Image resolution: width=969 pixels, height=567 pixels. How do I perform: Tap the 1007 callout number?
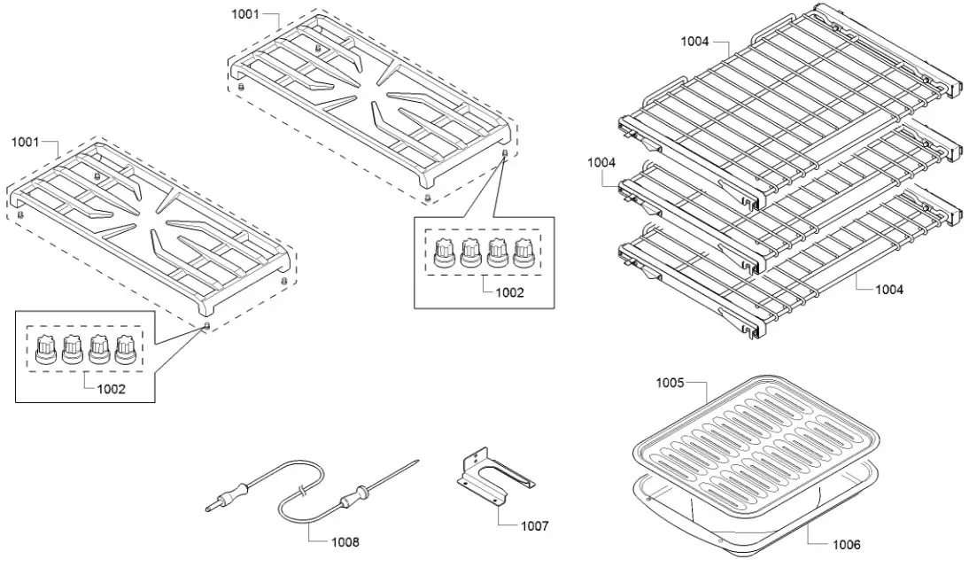point(534,525)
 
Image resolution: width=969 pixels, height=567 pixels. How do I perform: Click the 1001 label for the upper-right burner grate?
point(245,16)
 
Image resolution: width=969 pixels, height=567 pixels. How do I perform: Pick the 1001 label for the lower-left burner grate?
point(25,142)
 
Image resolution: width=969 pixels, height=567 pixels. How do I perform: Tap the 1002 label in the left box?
point(111,388)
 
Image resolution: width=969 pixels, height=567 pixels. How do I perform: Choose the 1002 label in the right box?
point(509,291)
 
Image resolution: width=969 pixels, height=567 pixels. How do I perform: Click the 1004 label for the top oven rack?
point(695,42)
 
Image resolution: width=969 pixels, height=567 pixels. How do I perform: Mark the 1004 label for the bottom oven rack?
point(889,289)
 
